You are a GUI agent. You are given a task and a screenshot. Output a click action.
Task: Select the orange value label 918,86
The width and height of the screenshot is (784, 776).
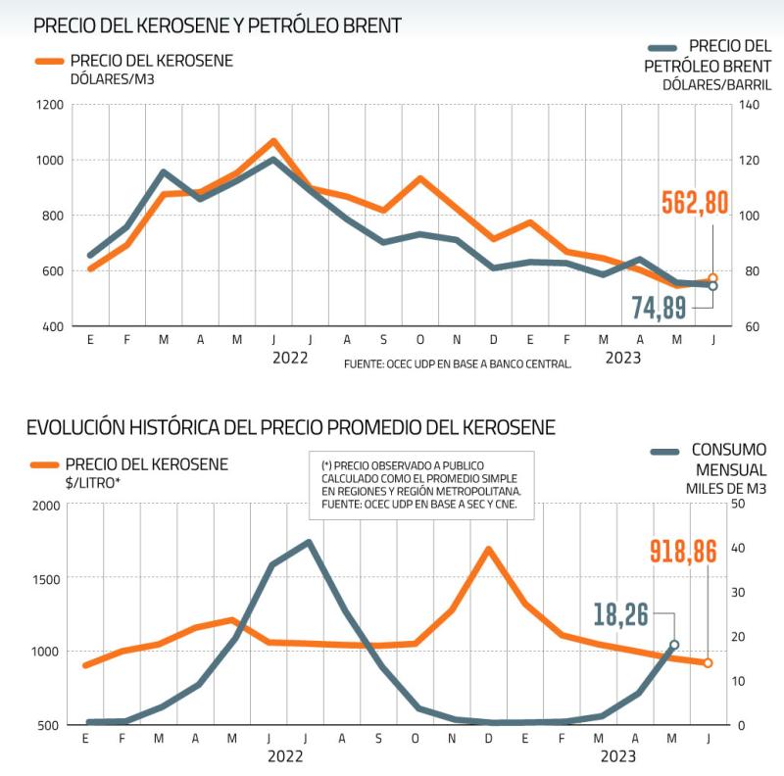[691, 551]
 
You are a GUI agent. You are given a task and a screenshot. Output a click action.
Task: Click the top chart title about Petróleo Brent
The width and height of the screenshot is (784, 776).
[218, 25]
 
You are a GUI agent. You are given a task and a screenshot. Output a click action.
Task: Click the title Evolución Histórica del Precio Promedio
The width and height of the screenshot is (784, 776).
[291, 428]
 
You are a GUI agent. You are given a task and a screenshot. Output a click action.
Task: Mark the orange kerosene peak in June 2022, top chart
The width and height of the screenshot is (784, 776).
[273, 141]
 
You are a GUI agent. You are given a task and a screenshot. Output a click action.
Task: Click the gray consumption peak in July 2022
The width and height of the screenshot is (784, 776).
[309, 542]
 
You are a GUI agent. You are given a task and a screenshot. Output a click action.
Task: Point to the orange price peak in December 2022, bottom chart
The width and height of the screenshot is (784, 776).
[488, 550]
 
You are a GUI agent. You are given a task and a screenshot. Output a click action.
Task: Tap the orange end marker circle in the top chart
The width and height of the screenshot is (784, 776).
[712, 278]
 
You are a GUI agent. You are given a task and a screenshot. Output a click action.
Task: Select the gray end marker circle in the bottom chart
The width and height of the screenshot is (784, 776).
[673, 645]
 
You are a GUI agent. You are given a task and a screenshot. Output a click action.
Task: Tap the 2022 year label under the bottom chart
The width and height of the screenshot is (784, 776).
[285, 756]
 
